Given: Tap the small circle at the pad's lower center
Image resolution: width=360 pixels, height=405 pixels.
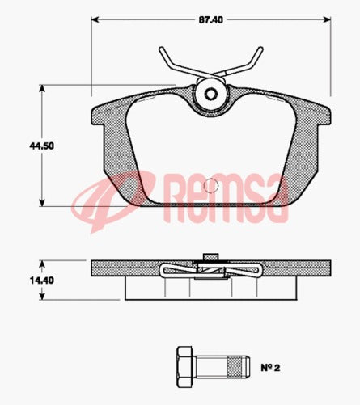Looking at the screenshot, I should tap(210, 184).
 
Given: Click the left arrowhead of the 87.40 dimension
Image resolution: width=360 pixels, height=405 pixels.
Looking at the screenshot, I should tap(95, 19).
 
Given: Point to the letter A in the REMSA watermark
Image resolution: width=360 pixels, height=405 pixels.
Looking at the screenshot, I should tap(276, 201).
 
